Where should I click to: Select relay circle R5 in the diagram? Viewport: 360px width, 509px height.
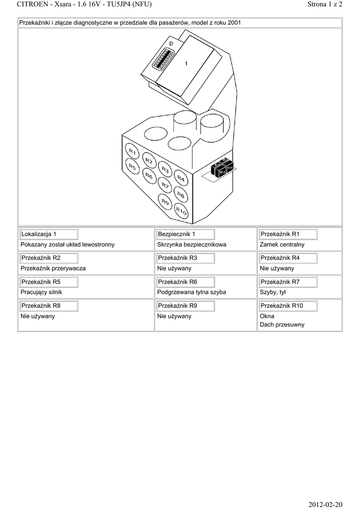(132, 167)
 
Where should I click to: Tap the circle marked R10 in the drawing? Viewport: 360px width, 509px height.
(181, 211)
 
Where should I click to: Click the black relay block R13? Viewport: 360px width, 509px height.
(222, 171)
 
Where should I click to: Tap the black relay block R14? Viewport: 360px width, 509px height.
(230, 168)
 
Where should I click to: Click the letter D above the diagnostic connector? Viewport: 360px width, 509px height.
(171, 44)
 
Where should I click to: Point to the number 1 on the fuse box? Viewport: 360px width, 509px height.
(186, 64)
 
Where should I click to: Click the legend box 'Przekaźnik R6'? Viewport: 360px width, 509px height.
(185, 282)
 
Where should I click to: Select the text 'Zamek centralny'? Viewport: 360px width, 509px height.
(282, 245)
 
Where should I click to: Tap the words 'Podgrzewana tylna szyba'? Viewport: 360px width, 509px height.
(191, 292)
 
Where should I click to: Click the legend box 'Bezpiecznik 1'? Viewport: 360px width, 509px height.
(185, 234)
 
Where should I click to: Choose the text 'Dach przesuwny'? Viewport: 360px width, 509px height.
(282, 325)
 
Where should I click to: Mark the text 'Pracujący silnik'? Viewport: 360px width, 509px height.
(41, 292)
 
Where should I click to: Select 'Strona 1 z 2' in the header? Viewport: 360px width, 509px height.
(325, 4)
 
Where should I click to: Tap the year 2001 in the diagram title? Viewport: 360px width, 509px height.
(234, 23)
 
